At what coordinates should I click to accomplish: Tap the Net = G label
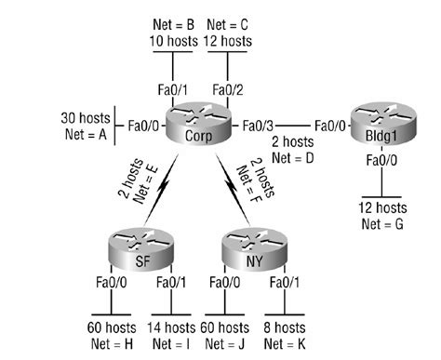coord(383,221)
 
